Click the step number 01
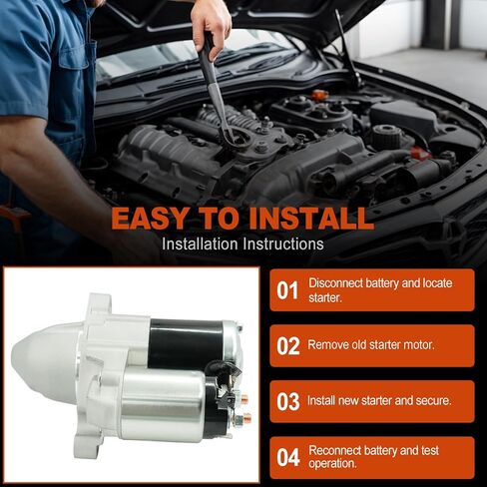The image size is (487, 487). pyautogui.click(x=287, y=290)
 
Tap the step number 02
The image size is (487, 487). pyautogui.click(x=288, y=346)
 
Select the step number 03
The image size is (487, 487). pyautogui.click(x=288, y=402)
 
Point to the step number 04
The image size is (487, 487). pyautogui.click(x=288, y=457)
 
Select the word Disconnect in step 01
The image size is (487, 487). pyautogui.click(x=335, y=283)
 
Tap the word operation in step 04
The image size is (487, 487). pyautogui.click(x=332, y=464)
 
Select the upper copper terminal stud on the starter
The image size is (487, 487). pyautogui.click(x=244, y=397)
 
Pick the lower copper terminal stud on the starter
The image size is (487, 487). pyautogui.click(x=246, y=417)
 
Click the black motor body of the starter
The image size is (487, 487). pyautogui.click(x=187, y=342)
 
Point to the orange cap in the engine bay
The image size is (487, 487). pyautogui.click(x=319, y=96)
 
